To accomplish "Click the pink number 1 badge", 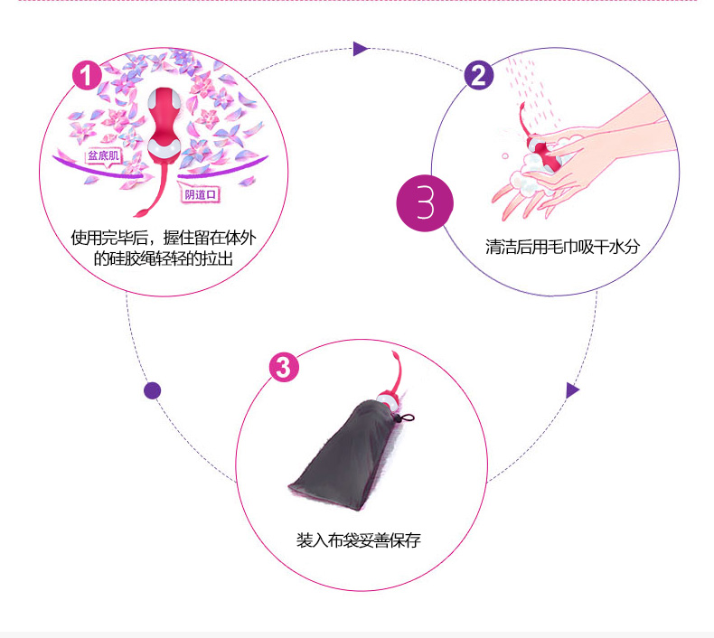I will [x=86, y=76].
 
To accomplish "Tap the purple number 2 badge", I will [x=479, y=76].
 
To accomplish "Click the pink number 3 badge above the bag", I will [x=284, y=368].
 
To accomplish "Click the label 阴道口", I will [x=202, y=192].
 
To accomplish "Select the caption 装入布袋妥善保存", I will [x=358, y=540].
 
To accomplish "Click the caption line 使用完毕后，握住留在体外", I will [x=176, y=239].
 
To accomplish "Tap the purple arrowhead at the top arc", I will [x=360, y=49].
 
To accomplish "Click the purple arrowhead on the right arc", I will [x=571, y=390].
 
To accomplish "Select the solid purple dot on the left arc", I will [x=152, y=390].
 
